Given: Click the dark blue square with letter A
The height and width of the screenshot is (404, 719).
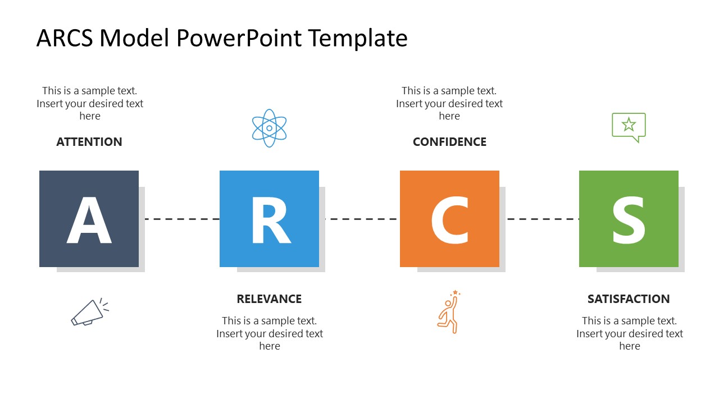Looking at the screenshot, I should [89, 219].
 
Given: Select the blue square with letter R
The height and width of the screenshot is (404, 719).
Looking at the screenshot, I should [269, 219].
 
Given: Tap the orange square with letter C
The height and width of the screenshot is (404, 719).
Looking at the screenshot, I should [449, 219].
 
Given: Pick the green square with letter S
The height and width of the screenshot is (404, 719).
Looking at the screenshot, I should [629, 219].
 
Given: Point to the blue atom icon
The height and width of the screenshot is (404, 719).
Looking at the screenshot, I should [269, 128].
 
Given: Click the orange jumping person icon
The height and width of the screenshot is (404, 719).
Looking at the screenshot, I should [449, 313].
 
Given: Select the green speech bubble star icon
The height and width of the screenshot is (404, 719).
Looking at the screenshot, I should [629, 127].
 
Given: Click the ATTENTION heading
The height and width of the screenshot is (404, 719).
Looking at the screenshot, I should [89, 142].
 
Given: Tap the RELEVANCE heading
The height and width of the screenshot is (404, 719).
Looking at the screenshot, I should [269, 299].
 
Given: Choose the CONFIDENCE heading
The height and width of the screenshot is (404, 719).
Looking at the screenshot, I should [449, 142].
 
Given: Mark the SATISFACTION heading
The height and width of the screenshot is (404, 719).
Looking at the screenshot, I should [629, 299].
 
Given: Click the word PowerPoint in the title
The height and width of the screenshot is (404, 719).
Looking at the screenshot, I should [240, 38].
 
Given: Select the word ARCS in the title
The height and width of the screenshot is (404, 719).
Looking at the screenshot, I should [67, 38].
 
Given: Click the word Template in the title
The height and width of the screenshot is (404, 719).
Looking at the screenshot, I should [358, 38].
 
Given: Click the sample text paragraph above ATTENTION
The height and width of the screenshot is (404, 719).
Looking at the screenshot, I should [90, 103].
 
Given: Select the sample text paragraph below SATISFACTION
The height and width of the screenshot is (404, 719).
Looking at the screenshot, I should [630, 333].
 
